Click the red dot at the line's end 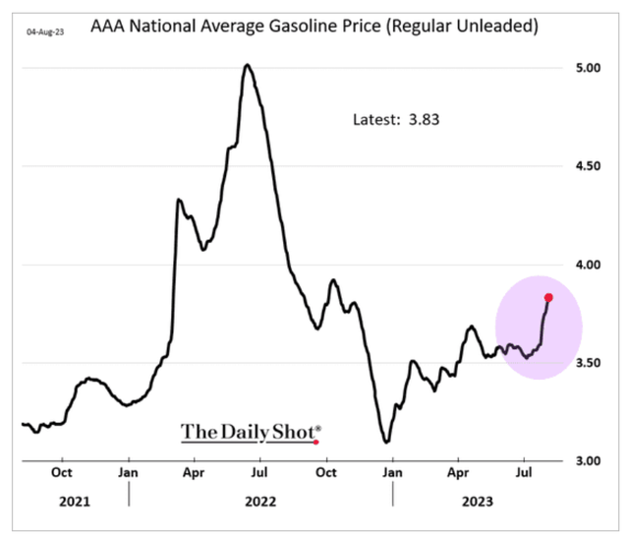pyautogui.click(x=548, y=297)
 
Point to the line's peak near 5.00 pyautogui.click(x=247, y=66)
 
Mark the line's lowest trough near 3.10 pyautogui.click(x=386, y=441)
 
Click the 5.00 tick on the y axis pyautogui.click(x=590, y=68)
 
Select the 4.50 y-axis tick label pyautogui.click(x=590, y=166)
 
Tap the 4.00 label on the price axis pyautogui.click(x=590, y=265)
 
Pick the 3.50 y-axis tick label pyautogui.click(x=590, y=363)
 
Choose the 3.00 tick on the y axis pyautogui.click(x=590, y=460)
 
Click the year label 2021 pyautogui.click(x=74, y=501)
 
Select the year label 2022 pyautogui.click(x=259, y=501)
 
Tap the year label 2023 pyautogui.click(x=477, y=501)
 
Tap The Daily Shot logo pyautogui.click(x=250, y=431)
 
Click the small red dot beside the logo pyautogui.click(x=315, y=442)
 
